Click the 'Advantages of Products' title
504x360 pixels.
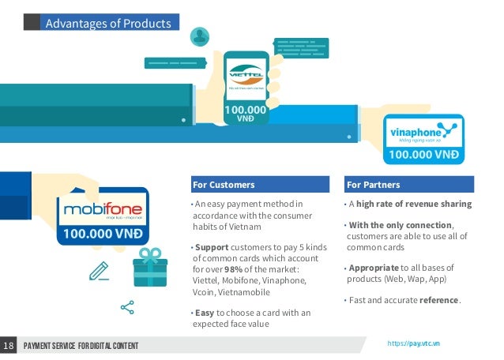click(108, 23)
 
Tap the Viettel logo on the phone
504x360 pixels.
click(246, 79)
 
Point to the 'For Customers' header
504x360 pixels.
click(224, 185)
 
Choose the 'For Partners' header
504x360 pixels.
click(374, 185)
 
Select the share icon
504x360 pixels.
click(126, 307)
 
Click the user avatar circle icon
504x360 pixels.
click(201, 36)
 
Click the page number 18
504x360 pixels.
click(9, 346)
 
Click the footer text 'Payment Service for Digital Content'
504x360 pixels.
click(81, 347)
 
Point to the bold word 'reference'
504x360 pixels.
click(438, 300)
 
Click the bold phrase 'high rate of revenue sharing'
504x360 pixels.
click(417, 204)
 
